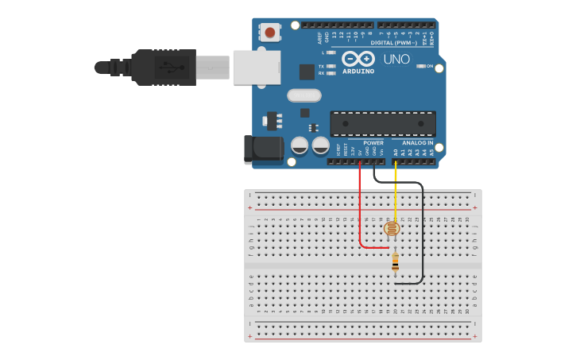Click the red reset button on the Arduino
point(270,33)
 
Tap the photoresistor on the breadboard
point(391,229)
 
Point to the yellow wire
point(396,191)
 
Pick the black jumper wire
point(422,238)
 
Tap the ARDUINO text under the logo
point(358,71)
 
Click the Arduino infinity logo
point(358,59)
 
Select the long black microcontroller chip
point(383,124)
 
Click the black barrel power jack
point(264,149)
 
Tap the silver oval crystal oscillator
point(303,95)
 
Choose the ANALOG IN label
point(418,143)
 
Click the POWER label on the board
point(373,143)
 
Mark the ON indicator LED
point(421,66)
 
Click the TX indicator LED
point(331,66)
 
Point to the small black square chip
point(307,71)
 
